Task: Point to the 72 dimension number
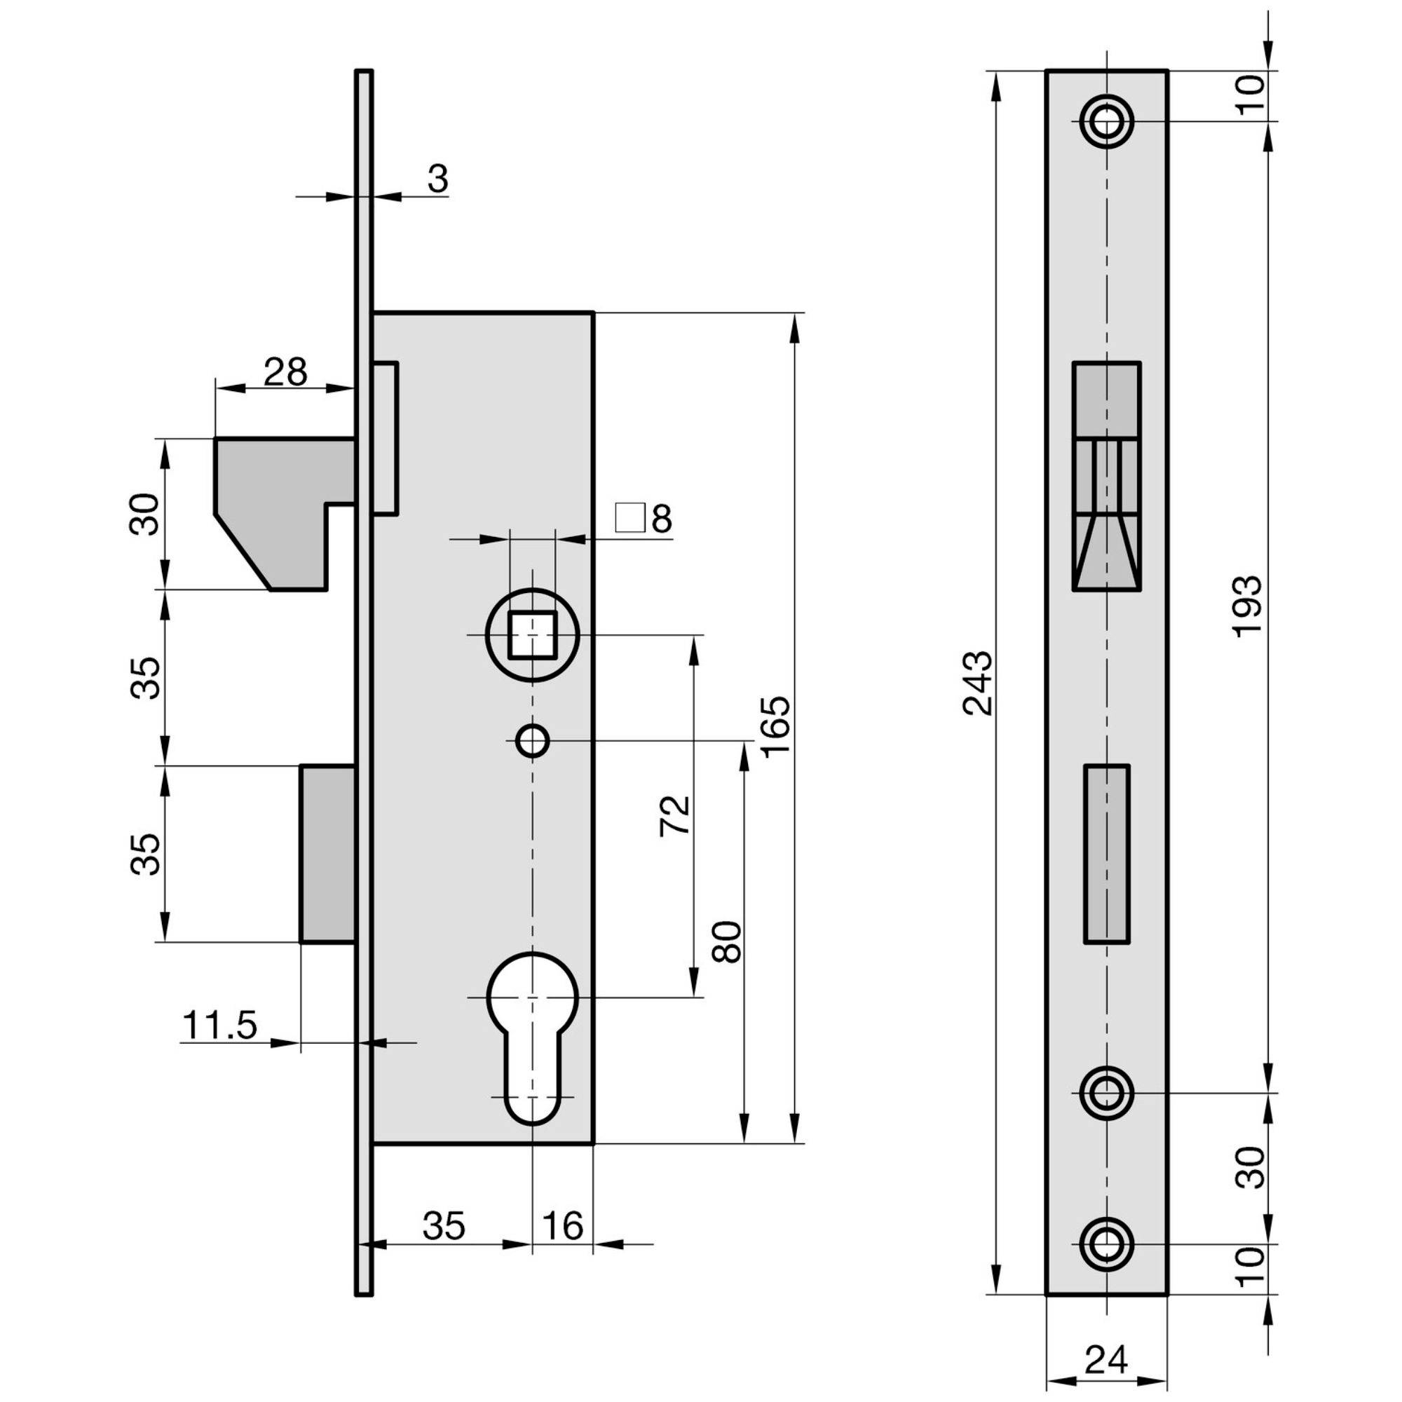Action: click(675, 817)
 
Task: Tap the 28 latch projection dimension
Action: click(285, 372)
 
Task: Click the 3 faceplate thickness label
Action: click(437, 179)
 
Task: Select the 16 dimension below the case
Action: click(562, 1226)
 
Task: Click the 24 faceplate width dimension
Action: click(1107, 1360)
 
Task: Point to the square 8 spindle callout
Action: click(644, 518)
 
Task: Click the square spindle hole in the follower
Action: click(533, 634)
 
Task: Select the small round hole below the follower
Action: click(533, 742)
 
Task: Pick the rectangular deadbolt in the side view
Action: click(328, 853)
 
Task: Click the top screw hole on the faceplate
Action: click(1107, 121)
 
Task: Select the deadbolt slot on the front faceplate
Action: click(1107, 854)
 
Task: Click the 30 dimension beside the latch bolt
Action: click(144, 514)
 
